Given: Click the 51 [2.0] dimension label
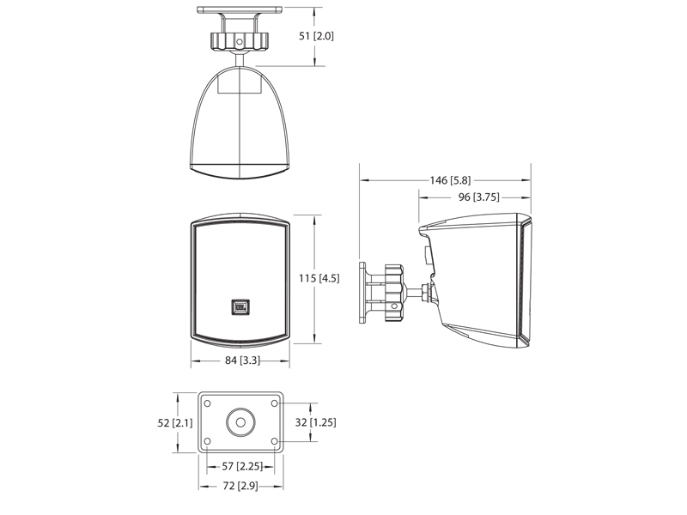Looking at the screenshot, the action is pyautogui.click(x=316, y=36).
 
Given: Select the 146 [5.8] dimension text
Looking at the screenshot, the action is pyautogui.click(x=450, y=180).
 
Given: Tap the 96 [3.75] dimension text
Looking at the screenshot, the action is pyautogui.click(x=479, y=197).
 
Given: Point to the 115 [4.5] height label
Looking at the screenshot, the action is pyautogui.click(x=319, y=278).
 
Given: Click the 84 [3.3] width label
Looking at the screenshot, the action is pyautogui.click(x=242, y=360).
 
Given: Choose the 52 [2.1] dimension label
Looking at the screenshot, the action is pyautogui.click(x=175, y=422).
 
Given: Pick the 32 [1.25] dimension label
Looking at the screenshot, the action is pyautogui.click(x=315, y=422).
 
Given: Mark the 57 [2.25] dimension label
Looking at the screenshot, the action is pyautogui.click(x=242, y=466).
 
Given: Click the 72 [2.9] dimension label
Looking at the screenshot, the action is pyautogui.click(x=240, y=486).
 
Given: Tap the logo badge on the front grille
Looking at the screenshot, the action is pyautogui.click(x=240, y=307).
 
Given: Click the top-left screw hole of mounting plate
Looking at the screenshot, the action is pyautogui.click(x=208, y=403).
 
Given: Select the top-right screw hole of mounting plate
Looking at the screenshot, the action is pyautogui.click(x=275, y=403).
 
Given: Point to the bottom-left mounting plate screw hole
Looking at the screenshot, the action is pyautogui.click(x=208, y=441).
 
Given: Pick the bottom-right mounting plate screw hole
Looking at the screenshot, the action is pyautogui.click(x=275, y=441).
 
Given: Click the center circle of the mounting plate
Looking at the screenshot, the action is pyautogui.click(x=240, y=422).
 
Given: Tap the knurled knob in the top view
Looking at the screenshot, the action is pyautogui.click(x=240, y=41).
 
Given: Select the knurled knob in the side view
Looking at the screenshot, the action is pyautogui.click(x=394, y=293).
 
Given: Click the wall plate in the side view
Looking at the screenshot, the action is pyautogui.click(x=362, y=293).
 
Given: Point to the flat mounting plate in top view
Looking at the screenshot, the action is pyautogui.click(x=240, y=9).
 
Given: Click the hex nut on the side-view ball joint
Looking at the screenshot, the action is pyautogui.click(x=424, y=293).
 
